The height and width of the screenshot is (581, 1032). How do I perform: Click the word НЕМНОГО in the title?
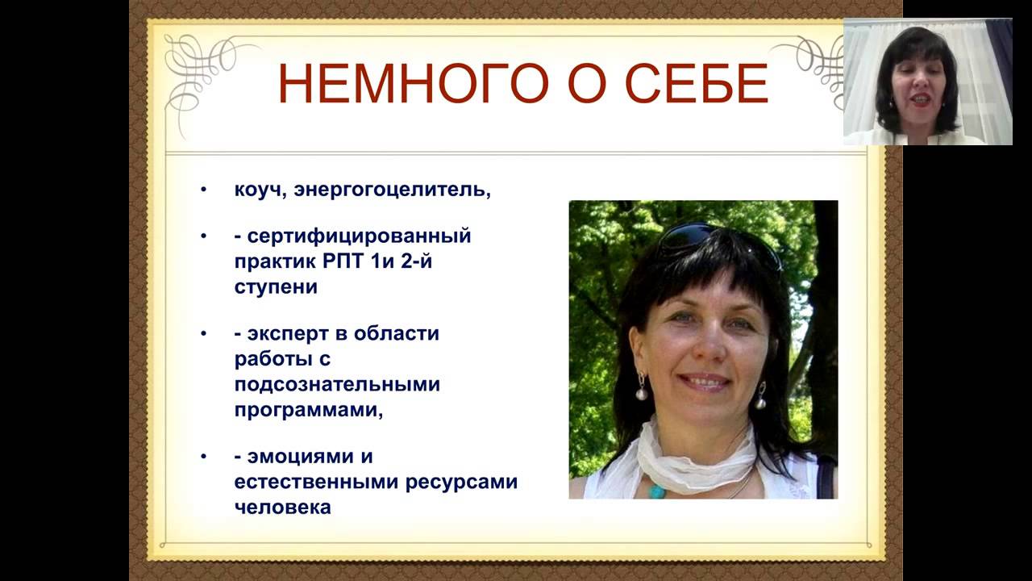pos(414,84)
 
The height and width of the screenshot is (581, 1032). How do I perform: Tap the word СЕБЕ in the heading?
pos(697,84)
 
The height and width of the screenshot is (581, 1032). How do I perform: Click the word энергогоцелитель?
pos(392,190)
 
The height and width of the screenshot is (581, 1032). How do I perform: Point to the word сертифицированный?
pos(360,236)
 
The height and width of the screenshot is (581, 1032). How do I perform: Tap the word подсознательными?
pos(337,384)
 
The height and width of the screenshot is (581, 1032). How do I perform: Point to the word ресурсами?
pos(461,483)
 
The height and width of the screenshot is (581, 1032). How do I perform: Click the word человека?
pos(282,508)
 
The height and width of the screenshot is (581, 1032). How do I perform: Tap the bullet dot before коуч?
pos(204,189)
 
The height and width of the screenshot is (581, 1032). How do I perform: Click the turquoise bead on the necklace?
pos(657,491)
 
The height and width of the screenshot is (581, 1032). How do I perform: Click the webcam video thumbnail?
pos(927,82)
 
